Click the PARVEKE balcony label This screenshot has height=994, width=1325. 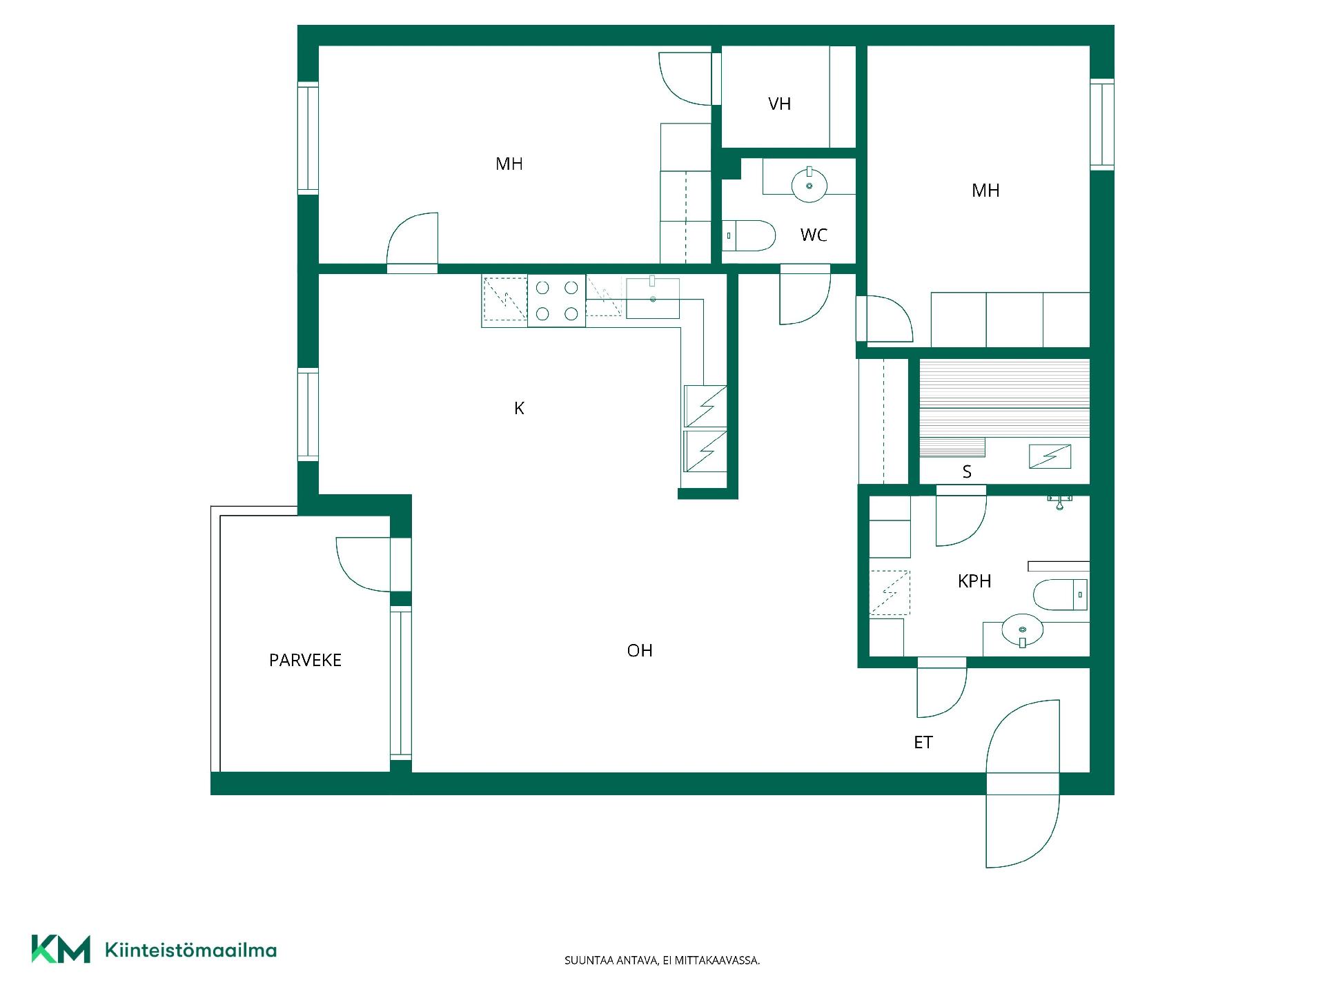[305, 661]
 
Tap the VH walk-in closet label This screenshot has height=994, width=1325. [779, 104]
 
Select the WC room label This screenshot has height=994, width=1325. [814, 235]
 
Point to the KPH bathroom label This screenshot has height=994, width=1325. [974, 581]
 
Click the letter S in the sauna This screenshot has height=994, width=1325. [967, 472]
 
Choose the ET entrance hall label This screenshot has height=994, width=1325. [923, 743]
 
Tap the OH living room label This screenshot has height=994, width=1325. [640, 651]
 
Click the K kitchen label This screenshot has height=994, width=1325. [519, 409]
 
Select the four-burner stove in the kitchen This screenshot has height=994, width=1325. [556, 300]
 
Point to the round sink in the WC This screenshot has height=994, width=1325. [809, 184]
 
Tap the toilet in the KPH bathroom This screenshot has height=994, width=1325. [1061, 595]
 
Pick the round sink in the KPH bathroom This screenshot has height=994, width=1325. [1022, 630]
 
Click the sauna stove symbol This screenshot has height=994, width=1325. [1050, 456]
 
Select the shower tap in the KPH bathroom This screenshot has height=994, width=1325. [1059, 502]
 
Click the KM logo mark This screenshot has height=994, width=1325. [61, 949]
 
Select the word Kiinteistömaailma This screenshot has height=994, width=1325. [190, 951]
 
